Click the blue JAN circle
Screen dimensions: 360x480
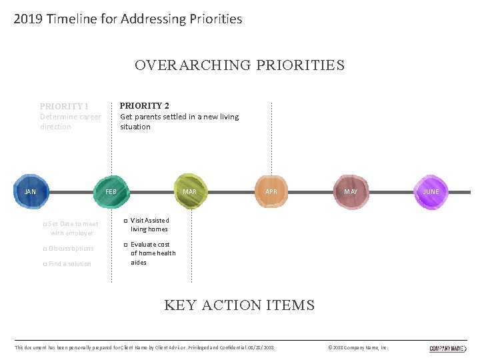click(31, 192)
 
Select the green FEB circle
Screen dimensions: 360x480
click(111, 192)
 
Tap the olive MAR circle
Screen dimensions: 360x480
click(191, 192)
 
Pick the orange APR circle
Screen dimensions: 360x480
click(271, 192)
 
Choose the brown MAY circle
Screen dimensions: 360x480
click(351, 192)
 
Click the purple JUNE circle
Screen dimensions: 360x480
click(431, 192)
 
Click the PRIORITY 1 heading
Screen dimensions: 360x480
click(64, 106)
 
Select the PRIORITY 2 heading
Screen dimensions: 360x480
click(144, 105)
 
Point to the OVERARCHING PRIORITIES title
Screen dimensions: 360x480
click(239, 65)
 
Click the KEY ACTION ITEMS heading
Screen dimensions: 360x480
click(239, 305)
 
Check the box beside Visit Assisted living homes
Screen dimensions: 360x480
click(125, 221)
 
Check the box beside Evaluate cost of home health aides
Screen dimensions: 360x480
click(125, 245)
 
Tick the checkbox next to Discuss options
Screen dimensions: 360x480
click(44, 249)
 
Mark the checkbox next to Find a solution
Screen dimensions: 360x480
click(44, 264)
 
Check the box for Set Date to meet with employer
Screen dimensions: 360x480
click(44, 225)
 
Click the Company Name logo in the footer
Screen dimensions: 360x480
click(447, 348)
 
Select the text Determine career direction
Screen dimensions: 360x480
click(70, 121)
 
